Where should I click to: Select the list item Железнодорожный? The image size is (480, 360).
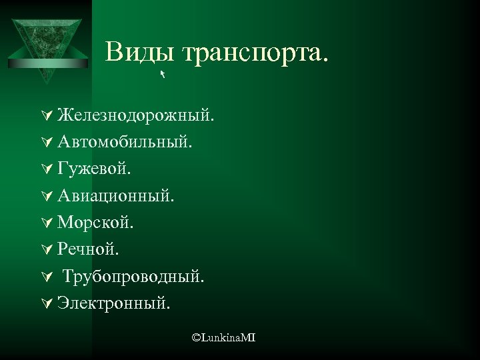pyautogui.click(x=135, y=116)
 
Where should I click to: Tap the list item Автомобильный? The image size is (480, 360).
pyautogui.click(x=125, y=142)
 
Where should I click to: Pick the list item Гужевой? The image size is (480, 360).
pyautogui.click(x=94, y=169)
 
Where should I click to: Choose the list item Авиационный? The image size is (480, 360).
pyautogui.click(x=117, y=196)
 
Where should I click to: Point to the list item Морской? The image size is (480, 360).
pyautogui.click(x=95, y=223)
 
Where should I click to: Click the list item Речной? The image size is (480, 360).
pyautogui.click(x=89, y=249)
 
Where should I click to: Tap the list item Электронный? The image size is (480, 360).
pyautogui.click(x=113, y=303)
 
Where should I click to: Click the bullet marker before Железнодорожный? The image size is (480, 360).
pyautogui.click(x=46, y=116)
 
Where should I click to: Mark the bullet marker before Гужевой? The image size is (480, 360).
pyautogui.click(x=46, y=169)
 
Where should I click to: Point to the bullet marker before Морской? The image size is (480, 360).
pyautogui.click(x=46, y=223)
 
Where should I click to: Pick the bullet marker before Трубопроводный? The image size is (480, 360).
pyautogui.click(x=46, y=277)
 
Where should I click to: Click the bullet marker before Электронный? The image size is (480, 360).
pyautogui.click(x=46, y=303)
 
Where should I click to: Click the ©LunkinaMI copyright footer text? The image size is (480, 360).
pyautogui.click(x=223, y=339)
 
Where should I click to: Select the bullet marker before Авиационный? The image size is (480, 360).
pyautogui.click(x=46, y=196)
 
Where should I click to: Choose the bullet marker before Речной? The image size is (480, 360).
pyautogui.click(x=46, y=249)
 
